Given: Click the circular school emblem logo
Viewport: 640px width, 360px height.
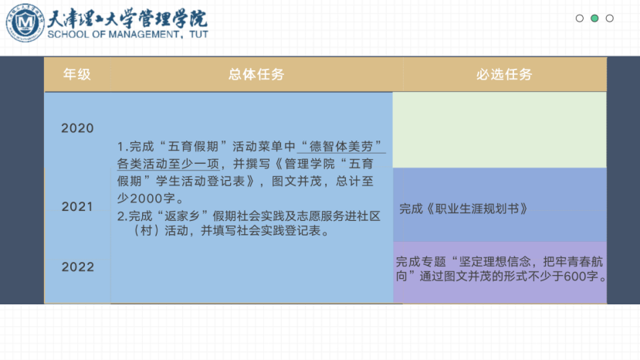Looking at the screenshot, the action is click(25, 22).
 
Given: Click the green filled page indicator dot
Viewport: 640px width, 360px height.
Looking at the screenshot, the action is click(594, 19).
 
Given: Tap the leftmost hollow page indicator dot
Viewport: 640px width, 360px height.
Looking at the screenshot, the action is click(579, 19).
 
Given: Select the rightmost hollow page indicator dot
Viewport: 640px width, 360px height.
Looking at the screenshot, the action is click(609, 19).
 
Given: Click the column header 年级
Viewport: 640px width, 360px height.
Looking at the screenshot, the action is click(76, 74).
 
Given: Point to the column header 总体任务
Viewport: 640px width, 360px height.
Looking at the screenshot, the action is click(256, 74).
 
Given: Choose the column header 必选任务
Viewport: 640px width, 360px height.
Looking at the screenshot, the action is click(504, 74).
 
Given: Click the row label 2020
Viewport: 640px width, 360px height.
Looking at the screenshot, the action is click(77, 128).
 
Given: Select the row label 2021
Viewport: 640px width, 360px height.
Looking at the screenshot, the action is click(77, 207).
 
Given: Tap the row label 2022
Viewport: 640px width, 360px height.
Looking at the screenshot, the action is click(78, 267).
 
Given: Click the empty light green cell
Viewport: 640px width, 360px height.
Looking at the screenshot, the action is click(499, 130).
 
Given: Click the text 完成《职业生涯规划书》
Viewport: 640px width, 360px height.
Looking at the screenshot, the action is click(463, 209).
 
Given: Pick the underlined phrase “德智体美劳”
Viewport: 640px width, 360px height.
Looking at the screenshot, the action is click(341, 146).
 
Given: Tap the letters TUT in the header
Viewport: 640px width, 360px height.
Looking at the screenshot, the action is click(198, 34).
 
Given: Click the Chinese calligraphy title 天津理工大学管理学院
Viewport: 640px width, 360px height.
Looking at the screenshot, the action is click(127, 18).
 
